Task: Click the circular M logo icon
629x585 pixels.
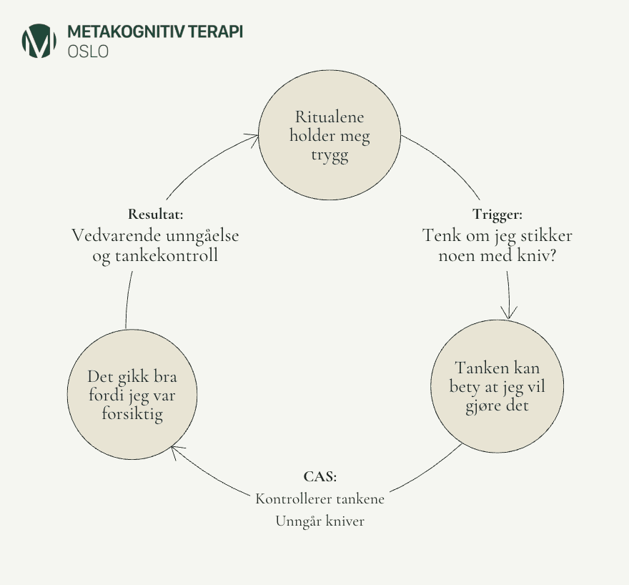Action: tap(39, 41)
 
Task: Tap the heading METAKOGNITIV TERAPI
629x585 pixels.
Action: tap(154, 33)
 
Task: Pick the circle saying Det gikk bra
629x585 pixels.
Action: tap(132, 395)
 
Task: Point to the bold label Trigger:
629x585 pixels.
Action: tap(497, 214)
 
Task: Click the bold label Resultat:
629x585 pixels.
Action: tap(155, 214)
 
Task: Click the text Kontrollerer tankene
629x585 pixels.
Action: tap(320, 498)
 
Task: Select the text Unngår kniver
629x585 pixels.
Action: tap(320, 521)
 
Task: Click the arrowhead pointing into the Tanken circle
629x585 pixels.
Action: tap(509, 313)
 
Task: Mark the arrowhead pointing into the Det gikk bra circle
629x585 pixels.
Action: tap(176, 451)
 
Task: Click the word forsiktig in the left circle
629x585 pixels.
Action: tap(132, 415)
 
